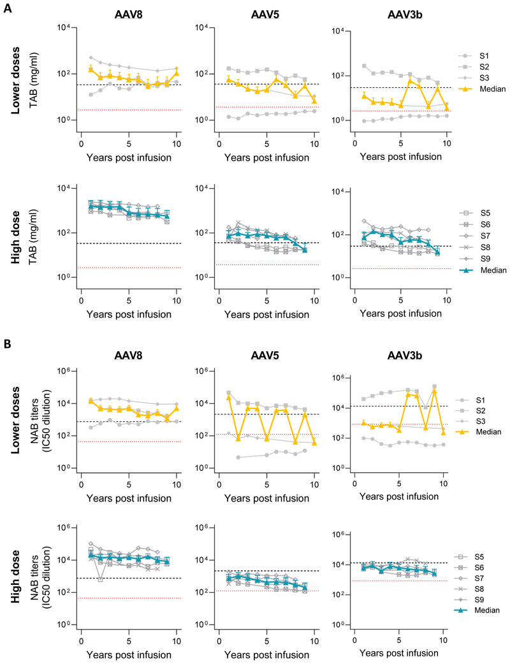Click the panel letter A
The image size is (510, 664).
(x=8, y=8)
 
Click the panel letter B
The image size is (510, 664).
(x=8, y=343)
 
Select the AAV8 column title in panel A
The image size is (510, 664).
(x=128, y=15)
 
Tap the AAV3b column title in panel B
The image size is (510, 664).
(x=405, y=356)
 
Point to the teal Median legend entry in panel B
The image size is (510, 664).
(x=477, y=610)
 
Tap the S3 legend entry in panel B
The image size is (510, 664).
(x=470, y=421)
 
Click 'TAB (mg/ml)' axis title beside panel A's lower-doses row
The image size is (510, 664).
(x=33, y=80)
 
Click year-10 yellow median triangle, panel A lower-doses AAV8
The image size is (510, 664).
(x=177, y=73)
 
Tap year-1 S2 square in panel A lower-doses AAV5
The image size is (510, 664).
(x=229, y=68)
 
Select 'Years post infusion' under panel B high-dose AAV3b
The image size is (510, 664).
(x=399, y=653)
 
